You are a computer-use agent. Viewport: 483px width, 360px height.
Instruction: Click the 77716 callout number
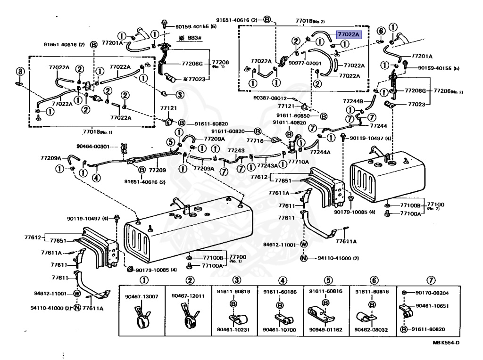pyautogui.click(x=261, y=140)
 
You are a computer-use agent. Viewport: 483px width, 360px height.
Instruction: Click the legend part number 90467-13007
pyautogui.click(x=142, y=296)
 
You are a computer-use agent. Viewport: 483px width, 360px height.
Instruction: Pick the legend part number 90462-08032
pyautogui.click(x=373, y=330)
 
